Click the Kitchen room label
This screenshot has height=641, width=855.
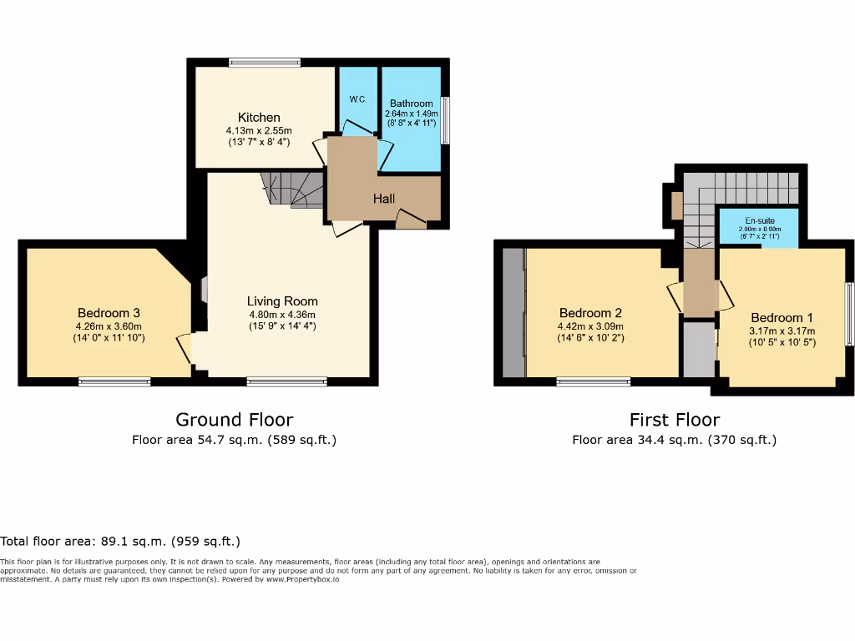click(x=259, y=118)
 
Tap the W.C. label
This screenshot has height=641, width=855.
click(x=358, y=99)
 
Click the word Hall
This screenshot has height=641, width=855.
click(x=384, y=199)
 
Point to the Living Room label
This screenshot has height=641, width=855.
click(x=282, y=301)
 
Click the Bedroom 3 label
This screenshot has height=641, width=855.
click(x=109, y=313)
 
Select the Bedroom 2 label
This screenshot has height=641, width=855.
click(x=590, y=313)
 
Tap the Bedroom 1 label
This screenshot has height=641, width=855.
click(x=782, y=318)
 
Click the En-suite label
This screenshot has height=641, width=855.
click(x=759, y=221)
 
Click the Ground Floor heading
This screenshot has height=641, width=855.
click(x=234, y=419)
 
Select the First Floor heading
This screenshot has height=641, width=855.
click(x=674, y=419)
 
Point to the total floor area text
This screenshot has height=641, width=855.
click(x=120, y=542)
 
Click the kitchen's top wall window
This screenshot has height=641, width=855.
click(x=265, y=63)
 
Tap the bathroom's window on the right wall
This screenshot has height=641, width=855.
click(x=445, y=120)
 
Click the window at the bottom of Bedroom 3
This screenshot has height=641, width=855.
click(x=114, y=382)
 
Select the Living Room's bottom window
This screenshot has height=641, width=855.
click(x=286, y=382)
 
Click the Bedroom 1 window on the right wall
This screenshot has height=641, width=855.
click(x=849, y=313)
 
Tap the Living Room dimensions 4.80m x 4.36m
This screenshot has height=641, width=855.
click(x=282, y=315)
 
